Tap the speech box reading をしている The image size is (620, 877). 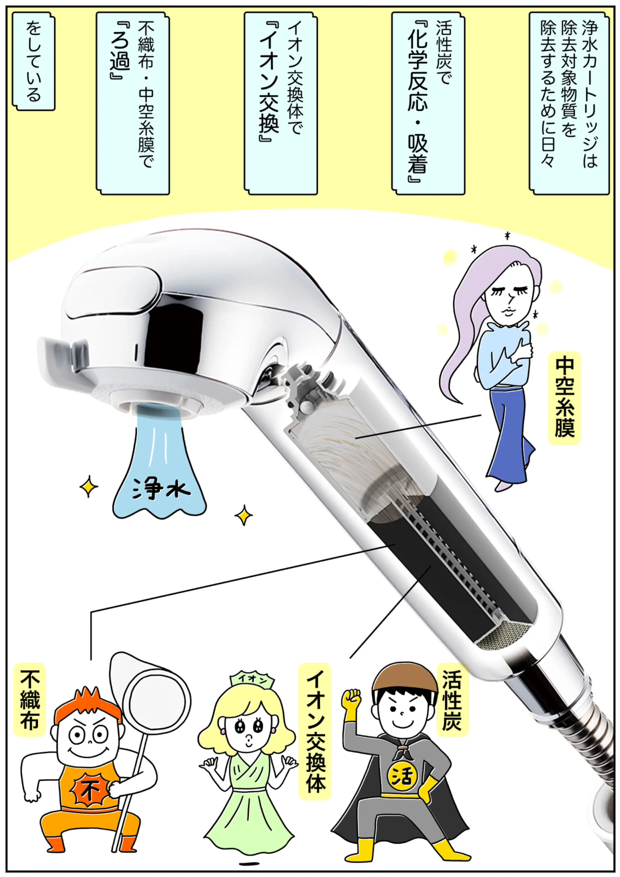click(34, 61)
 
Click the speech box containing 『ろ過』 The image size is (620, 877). click(133, 103)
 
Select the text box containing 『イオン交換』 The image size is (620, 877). click(281, 103)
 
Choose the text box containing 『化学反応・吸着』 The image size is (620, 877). click(428, 103)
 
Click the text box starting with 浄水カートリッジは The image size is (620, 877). click(569, 103)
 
